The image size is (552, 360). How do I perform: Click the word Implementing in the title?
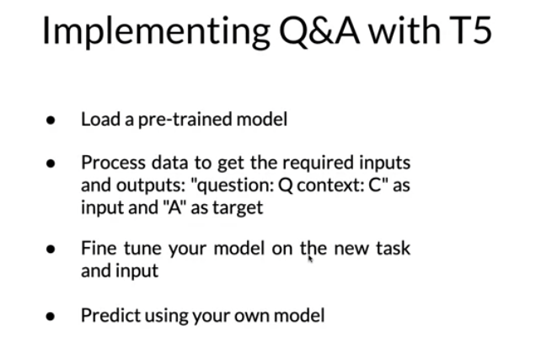point(156,32)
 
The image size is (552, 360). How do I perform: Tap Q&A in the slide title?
point(319,31)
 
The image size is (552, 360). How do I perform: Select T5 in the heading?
point(470,30)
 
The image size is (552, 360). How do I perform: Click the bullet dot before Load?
point(51,120)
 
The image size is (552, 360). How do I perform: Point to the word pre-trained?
point(185,120)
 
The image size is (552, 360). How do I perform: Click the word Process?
point(114,163)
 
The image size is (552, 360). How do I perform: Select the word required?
point(318,164)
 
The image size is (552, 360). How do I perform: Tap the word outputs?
point(151,185)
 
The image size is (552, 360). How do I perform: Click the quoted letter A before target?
point(174,208)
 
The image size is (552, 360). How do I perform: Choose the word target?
point(238,208)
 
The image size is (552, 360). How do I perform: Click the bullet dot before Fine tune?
point(51,249)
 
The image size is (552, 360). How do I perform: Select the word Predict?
point(110,315)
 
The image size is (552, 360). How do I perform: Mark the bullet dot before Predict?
point(51,316)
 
